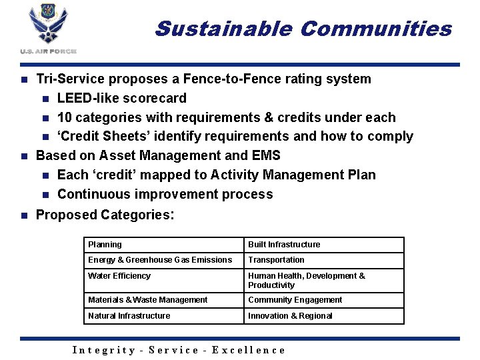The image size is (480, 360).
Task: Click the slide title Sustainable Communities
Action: (x=303, y=29)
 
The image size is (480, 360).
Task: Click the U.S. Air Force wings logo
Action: (x=48, y=25)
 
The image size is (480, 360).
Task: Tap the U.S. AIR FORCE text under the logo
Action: (x=48, y=51)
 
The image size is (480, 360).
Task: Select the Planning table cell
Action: (x=163, y=245)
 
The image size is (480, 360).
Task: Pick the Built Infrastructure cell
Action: (x=324, y=245)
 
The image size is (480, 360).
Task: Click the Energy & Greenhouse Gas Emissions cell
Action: (x=163, y=260)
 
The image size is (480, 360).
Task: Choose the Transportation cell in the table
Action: (x=324, y=260)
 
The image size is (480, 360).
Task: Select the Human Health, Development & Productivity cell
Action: (x=324, y=280)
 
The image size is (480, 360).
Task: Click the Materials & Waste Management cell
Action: (x=163, y=300)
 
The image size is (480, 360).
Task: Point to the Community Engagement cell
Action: (x=324, y=300)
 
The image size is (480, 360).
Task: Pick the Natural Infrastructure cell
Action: (x=163, y=316)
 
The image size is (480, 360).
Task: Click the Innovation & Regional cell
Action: (x=324, y=316)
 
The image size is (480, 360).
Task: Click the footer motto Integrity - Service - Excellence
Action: (x=178, y=350)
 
